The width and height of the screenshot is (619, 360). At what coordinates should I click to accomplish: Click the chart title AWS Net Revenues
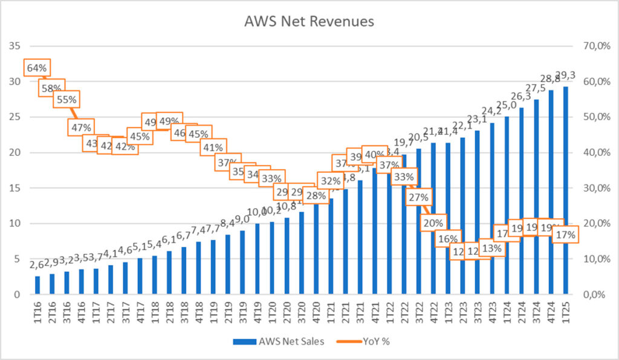click(309, 22)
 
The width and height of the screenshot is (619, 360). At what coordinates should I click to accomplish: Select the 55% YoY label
click(66, 99)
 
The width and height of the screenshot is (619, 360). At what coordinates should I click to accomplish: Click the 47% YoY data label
click(81, 127)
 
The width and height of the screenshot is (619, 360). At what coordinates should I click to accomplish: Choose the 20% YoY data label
click(433, 223)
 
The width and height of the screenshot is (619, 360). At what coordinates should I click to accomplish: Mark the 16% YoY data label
click(448, 238)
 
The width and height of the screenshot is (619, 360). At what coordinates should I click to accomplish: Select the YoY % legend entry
click(377, 341)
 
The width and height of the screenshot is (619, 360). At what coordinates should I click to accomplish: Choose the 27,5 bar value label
click(536, 88)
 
